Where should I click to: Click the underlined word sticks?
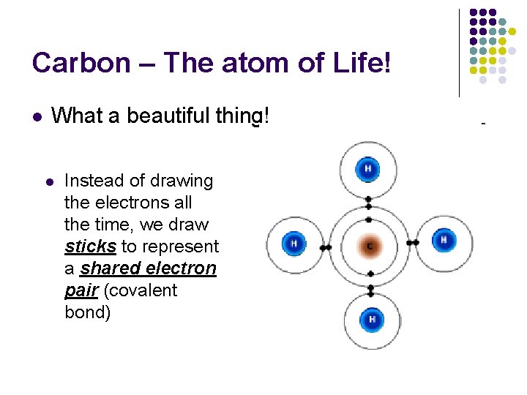point(90,247)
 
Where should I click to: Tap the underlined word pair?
point(81,290)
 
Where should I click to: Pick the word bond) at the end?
point(89,312)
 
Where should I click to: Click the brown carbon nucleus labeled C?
point(369,247)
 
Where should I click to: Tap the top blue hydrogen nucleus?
point(367,170)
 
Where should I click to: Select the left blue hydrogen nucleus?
point(294,244)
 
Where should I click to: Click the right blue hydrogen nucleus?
point(443,240)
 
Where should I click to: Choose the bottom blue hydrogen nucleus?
point(372,320)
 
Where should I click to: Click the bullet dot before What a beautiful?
point(37,116)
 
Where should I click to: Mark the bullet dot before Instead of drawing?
point(50,181)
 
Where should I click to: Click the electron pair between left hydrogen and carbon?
point(326,248)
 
